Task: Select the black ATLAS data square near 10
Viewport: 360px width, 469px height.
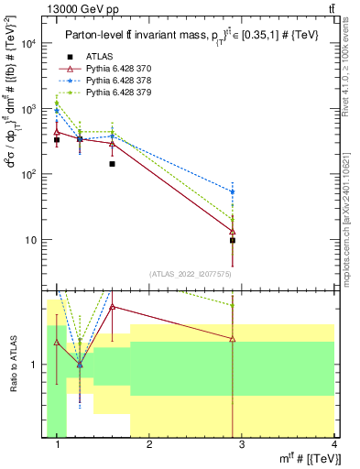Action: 233,240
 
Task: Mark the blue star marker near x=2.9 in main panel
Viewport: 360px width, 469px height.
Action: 233,191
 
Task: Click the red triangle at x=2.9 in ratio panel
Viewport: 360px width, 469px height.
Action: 233,339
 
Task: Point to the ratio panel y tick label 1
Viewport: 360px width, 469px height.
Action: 35,365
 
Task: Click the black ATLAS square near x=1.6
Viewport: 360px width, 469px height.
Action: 112,164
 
